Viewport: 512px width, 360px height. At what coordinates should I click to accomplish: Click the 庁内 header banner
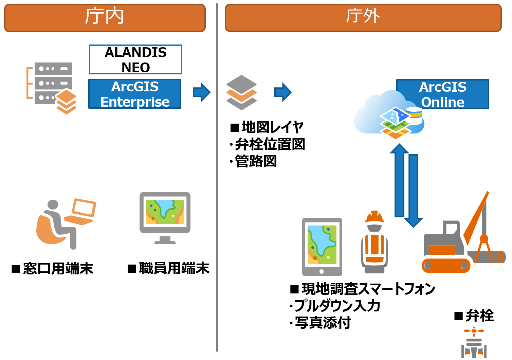pos(105,18)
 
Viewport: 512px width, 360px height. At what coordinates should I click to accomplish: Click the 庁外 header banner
pos(363,18)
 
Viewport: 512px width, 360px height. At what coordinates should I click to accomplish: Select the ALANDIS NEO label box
pos(135,59)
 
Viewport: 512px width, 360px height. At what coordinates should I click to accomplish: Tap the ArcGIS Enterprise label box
pos(135,94)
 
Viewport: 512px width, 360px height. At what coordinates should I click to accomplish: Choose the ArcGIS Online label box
pos(442,94)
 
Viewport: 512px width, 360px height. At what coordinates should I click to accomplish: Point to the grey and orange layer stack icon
pos(241,92)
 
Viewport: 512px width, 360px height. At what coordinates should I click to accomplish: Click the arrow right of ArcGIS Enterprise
pos(202,92)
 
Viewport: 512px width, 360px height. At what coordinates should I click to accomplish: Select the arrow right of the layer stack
pos(283,92)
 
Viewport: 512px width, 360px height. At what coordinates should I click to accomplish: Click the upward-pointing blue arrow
pos(400,180)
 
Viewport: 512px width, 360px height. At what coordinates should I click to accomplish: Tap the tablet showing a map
pos(322,247)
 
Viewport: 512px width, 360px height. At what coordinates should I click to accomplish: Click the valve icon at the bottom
pos(474,343)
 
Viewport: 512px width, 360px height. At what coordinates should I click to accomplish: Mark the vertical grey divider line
pos(217,177)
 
